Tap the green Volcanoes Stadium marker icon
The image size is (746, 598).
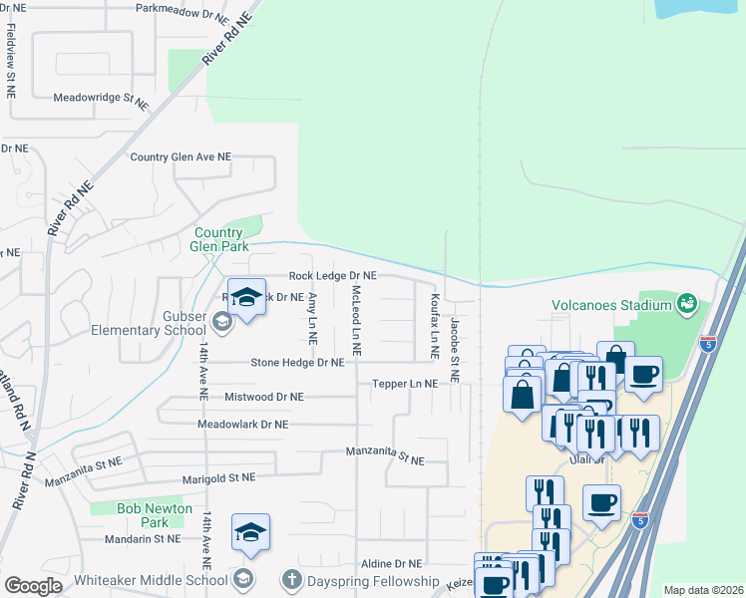point(686,302)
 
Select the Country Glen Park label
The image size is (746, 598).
point(218,239)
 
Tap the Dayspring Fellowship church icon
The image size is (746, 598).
point(291,579)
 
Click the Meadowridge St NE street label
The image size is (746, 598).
point(100,99)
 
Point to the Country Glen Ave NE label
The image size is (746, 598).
point(181,157)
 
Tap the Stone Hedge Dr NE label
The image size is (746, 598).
point(296,363)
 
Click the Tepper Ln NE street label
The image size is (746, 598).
point(404,384)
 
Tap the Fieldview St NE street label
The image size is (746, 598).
point(10,60)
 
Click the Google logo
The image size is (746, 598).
point(34,585)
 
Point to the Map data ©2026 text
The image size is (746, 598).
point(702,590)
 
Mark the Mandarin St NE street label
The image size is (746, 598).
point(144,538)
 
